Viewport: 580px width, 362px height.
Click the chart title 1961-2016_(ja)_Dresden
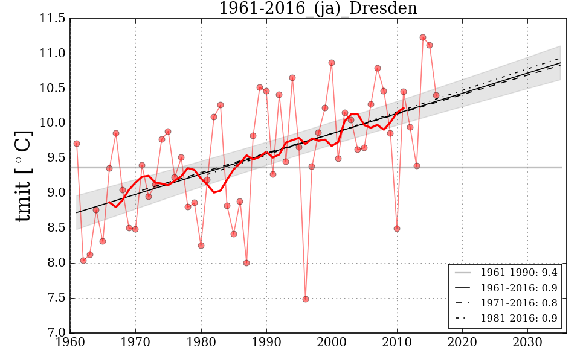[318, 8]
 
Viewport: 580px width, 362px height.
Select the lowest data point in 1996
[306, 299]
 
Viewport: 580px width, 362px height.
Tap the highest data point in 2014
[423, 37]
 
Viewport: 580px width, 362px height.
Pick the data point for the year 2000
[332, 63]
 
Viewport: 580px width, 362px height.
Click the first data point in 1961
[77, 144]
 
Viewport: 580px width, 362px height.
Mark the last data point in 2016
[436, 95]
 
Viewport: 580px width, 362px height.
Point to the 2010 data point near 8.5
[397, 229]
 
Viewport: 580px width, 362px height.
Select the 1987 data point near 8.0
[246, 263]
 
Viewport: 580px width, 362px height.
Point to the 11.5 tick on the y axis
[53, 19]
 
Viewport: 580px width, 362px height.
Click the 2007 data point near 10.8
[378, 68]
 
